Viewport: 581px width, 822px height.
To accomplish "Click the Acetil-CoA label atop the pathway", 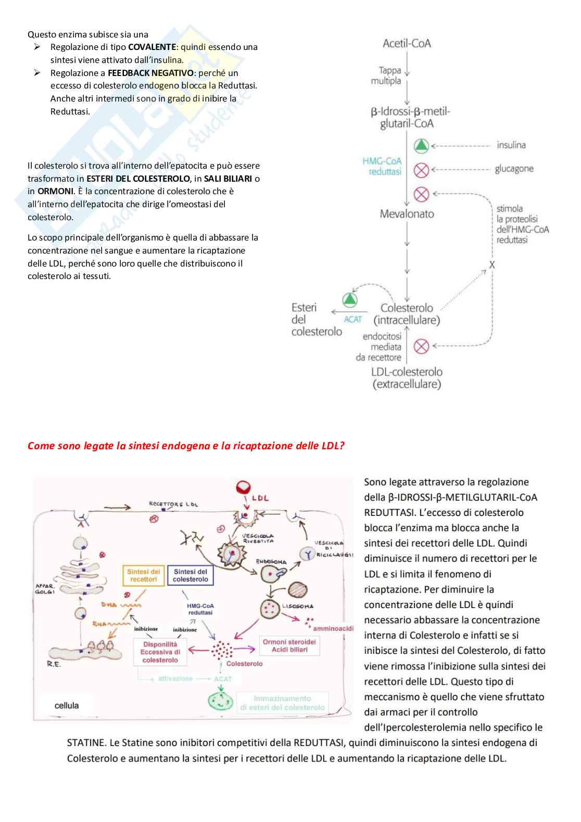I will (x=407, y=44).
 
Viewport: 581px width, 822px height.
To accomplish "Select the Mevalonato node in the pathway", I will (x=407, y=214).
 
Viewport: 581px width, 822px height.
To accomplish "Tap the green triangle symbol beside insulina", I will (x=421, y=146).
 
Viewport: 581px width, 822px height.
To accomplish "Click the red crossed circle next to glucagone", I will (x=421, y=170).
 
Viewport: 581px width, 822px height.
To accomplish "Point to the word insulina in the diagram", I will (x=511, y=145).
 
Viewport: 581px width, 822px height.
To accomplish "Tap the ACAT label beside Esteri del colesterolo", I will (x=352, y=319).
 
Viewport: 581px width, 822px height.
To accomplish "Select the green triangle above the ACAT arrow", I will (x=350, y=299).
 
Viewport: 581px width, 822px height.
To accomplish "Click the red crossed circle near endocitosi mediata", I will (x=421, y=346).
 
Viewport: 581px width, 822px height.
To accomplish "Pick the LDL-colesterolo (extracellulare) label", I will (x=407, y=378).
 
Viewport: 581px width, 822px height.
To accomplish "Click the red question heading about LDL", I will (x=186, y=446).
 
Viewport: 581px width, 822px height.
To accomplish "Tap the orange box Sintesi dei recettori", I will (x=144, y=575).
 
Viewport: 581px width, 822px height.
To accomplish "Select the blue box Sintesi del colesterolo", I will (x=190, y=575).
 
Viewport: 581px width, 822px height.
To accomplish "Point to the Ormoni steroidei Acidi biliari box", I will (x=289, y=646).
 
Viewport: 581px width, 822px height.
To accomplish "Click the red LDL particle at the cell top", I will (x=243, y=486).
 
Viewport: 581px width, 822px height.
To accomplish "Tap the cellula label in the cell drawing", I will (x=67, y=705).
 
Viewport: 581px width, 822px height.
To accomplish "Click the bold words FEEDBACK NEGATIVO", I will (x=150, y=73).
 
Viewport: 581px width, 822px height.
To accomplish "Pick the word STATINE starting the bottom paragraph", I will (x=86, y=743).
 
